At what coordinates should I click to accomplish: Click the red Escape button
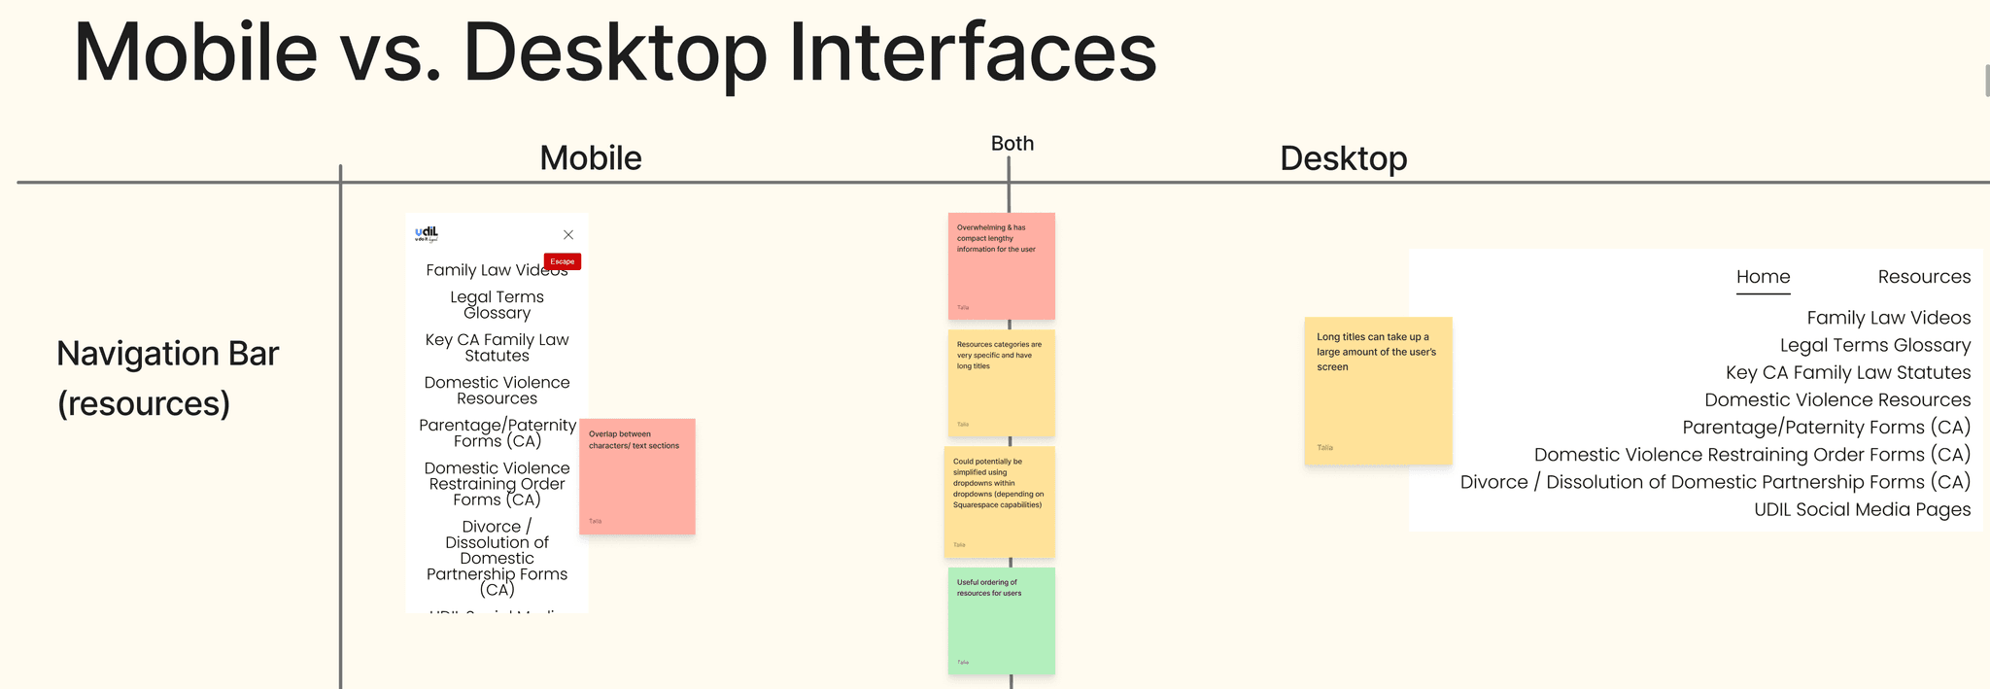tap(563, 261)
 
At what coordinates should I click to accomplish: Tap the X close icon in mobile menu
tap(568, 235)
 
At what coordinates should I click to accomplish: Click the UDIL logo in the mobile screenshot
tap(427, 233)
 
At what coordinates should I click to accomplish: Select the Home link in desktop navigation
tap(1763, 277)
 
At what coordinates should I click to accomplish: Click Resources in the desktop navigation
tap(1924, 277)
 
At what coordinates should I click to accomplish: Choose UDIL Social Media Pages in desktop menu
tap(1862, 509)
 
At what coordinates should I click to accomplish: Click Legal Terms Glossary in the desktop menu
tap(1874, 345)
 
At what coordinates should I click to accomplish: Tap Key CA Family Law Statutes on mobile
tap(497, 348)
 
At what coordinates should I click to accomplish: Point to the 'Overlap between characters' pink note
tap(637, 476)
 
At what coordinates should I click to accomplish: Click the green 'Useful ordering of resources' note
tap(1001, 621)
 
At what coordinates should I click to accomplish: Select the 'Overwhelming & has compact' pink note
tap(1001, 266)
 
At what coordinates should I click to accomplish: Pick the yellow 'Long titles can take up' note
tap(1378, 391)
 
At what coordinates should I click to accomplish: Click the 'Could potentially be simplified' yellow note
tap(999, 502)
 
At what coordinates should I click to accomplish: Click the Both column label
tap(1012, 144)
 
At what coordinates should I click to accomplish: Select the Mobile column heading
tap(591, 158)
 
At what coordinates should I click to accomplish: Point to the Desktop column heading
tap(1343, 158)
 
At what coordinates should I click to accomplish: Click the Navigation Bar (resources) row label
tap(167, 378)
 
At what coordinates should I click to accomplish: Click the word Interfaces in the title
tap(972, 52)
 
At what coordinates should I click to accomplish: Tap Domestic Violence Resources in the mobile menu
tap(497, 391)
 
